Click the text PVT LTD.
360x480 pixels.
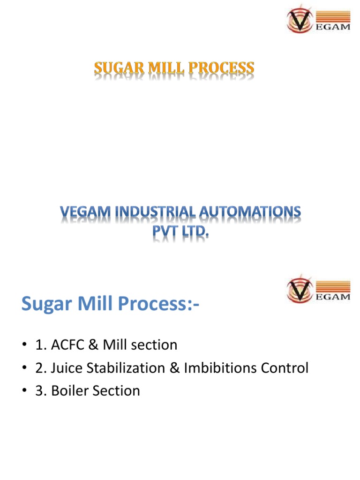pyautogui.click(x=180, y=232)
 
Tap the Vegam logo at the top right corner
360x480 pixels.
pyautogui.click(x=318, y=20)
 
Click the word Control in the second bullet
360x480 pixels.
pyautogui.click(x=285, y=368)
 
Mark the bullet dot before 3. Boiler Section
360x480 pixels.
pyautogui.click(x=24, y=391)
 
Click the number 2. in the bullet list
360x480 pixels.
pyautogui.click(x=39, y=368)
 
